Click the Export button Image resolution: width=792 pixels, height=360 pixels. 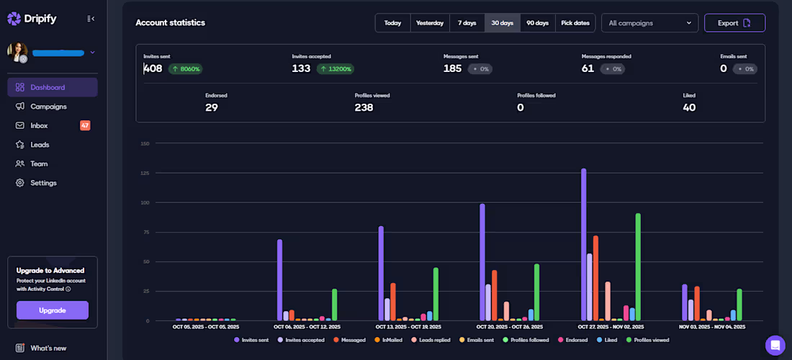(x=734, y=23)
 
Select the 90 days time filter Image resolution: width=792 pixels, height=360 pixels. (x=537, y=23)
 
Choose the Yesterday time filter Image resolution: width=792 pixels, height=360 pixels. (x=430, y=23)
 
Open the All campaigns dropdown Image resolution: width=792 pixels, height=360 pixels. (x=649, y=23)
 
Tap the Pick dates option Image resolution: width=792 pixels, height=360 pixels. (x=575, y=23)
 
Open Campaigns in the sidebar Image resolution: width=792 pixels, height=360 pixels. (x=48, y=107)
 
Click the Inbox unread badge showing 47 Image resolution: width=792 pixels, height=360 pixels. (x=85, y=125)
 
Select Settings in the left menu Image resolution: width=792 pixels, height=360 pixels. (x=43, y=183)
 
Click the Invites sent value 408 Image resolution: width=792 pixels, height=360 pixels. (x=153, y=68)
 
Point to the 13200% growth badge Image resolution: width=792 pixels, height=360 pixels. (x=336, y=68)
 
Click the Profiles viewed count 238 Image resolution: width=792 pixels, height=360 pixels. (x=364, y=107)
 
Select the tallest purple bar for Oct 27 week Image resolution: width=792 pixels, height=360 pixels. (x=584, y=244)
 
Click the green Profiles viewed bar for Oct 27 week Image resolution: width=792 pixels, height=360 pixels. (x=639, y=266)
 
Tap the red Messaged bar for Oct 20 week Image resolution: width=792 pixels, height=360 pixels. (x=495, y=295)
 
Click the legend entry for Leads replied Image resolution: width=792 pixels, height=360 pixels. (x=431, y=341)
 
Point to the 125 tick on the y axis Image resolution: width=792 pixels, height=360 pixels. (x=145, y=174)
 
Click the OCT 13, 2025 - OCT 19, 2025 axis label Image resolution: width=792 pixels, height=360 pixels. (x=408, y=327)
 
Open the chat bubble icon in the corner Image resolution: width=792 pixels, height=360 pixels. (x=775, y=346)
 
